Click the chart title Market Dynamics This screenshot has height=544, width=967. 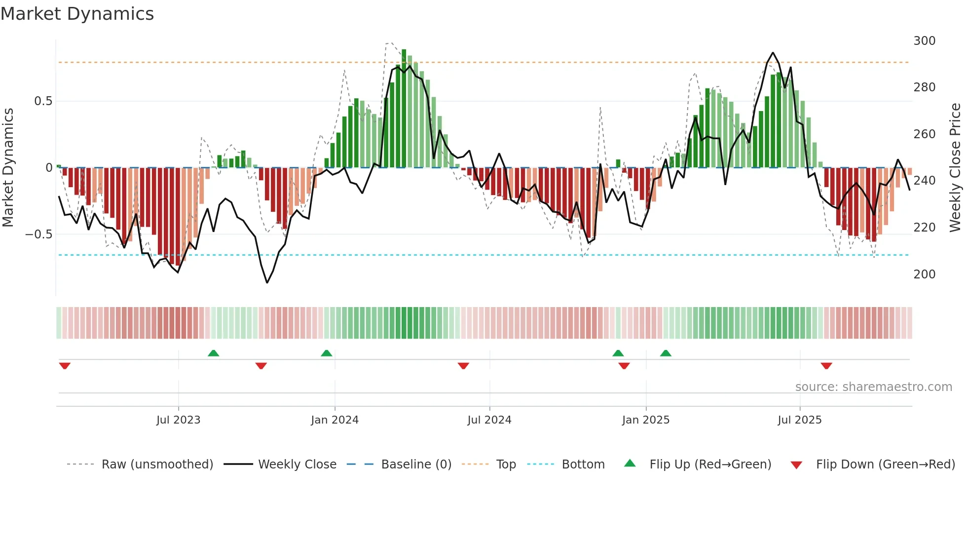(77, 14)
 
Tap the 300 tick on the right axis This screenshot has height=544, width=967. (924, 41)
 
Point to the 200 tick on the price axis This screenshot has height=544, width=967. (924, 274)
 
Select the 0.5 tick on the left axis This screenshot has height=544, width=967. (43, 101)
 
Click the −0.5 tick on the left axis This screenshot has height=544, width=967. (39, 234)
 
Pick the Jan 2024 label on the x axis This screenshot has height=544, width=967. (335, 420)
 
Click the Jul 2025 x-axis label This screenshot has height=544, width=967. (799, 420)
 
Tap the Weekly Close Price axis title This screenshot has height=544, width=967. (955, 168)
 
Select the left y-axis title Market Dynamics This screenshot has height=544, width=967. (8, 168)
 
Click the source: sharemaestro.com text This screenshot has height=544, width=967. (873, 387)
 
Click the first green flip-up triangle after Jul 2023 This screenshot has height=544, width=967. (213, 353)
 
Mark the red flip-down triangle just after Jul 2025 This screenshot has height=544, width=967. (826, 366)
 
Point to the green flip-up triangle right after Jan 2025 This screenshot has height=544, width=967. (666, 353)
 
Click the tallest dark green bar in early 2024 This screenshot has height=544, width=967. (404, 109)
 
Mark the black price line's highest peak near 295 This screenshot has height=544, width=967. (773, 53)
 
